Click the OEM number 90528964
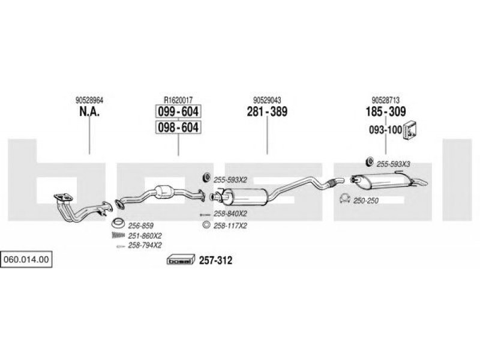[89, 100]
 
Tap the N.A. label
[89, 112]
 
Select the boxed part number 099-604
[178, 112]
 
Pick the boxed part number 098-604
[178, 127]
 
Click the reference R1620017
[178, 100]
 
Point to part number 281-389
[267, 112]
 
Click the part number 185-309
[386, 112]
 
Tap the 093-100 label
[385, 130]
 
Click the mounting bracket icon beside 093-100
[410, 131]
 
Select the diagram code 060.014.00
[26, 259]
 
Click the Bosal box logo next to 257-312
[181, 260]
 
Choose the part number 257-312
[215, 260]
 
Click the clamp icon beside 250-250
[345, 199]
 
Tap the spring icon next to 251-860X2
[118, 235]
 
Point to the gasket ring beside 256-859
[118, 223]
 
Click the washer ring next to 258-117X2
[206, 226]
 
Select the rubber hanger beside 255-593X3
[370, 161]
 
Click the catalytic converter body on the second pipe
[164, 192]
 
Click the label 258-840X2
[230, 214]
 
